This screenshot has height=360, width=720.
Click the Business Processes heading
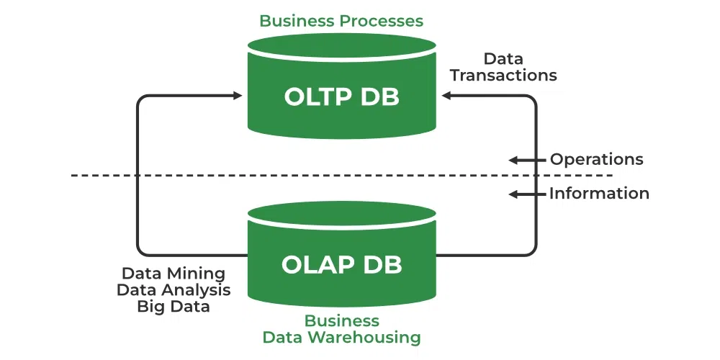[341, 20]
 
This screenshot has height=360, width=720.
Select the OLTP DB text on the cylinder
[341, 96]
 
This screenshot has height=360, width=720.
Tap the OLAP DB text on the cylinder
[341, 264]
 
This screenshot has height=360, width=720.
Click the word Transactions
[503, 75]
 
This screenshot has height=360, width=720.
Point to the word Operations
[596, 159]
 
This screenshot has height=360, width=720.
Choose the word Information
[599, 193]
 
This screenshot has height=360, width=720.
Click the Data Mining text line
[174, 274]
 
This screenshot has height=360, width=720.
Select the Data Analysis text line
[174, 289]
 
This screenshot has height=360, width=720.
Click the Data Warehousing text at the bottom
[341, 336]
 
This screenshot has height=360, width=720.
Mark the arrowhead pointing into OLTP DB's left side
[237, 96]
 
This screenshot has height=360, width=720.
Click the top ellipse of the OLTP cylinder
[341, 45]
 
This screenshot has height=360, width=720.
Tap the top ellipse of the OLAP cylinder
[341, 213]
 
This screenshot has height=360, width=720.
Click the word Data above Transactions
[503, 58]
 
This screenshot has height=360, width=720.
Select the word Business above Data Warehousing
[341, 320]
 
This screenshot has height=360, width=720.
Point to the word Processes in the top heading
[381, 20]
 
